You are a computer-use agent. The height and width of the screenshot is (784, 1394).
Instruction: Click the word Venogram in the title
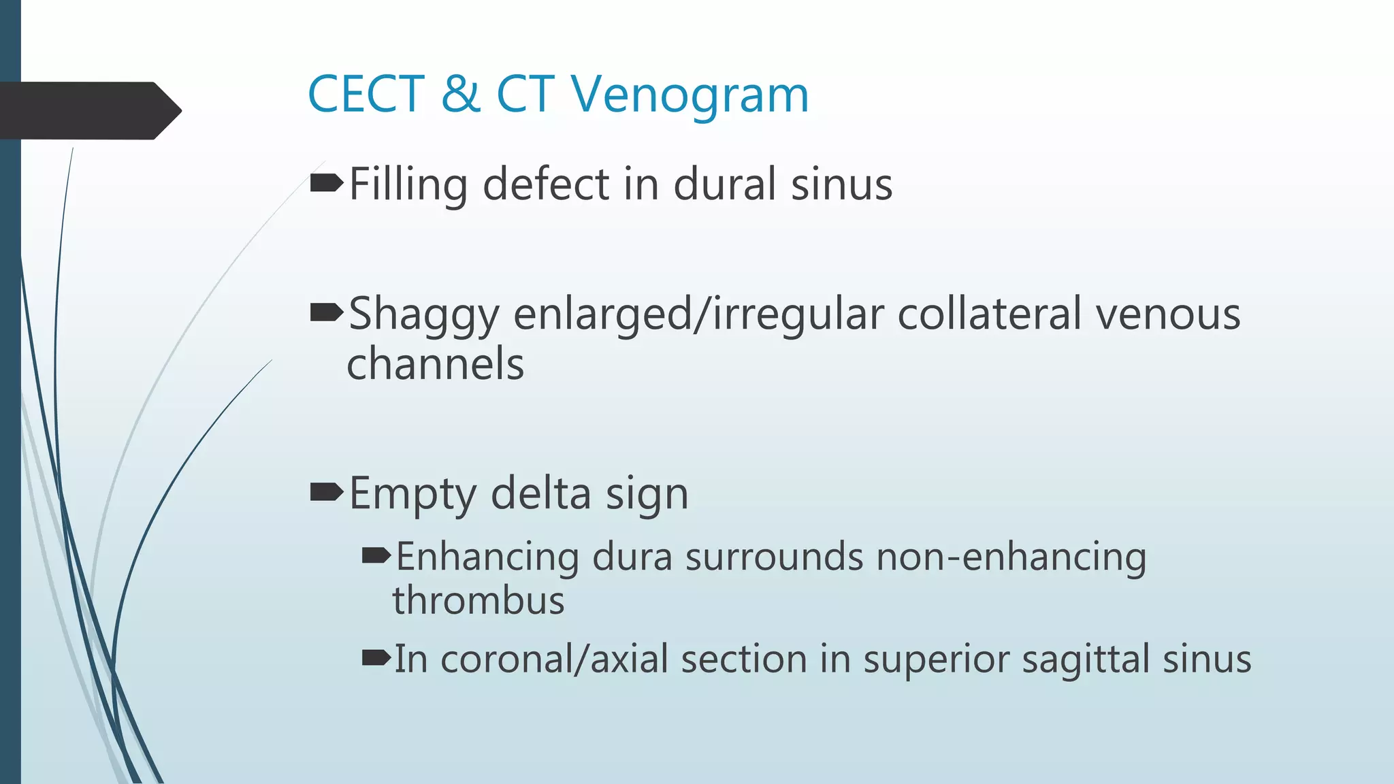tap(690, 95)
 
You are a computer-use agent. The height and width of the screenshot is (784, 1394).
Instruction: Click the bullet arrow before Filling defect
tap(326, 182)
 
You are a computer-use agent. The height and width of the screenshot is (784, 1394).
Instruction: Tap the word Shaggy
tap(423, 316)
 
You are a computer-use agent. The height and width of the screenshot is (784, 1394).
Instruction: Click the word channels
tap(435, 363)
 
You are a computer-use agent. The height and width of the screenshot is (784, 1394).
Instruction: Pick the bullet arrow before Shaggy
tap(326, 312)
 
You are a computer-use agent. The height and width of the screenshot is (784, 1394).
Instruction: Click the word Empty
tap(412, 494)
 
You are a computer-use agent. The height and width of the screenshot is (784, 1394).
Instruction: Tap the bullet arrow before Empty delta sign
tap(326, 491)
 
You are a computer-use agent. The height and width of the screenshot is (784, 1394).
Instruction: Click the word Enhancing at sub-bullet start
tap(487, 557)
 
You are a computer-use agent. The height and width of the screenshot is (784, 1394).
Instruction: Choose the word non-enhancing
tap(1011, 557)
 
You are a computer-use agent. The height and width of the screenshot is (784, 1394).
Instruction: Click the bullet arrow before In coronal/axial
tap(376, 657)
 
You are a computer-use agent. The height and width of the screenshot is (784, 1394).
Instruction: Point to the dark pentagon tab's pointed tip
tap(180, 110)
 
